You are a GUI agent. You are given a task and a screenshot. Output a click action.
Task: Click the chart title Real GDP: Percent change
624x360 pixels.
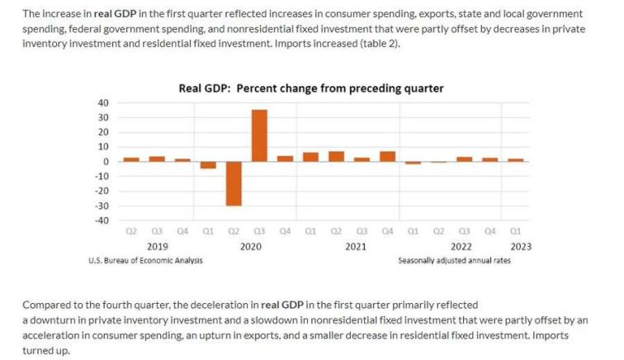pos(311,88)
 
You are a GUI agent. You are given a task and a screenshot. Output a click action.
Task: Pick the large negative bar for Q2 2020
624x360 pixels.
pos(234,183)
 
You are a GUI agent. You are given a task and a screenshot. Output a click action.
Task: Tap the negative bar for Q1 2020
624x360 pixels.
pos(208,165)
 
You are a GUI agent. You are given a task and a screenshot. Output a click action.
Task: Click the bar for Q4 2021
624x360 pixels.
pos(387,157)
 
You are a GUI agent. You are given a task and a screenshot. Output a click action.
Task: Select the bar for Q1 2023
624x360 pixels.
pos(515,160)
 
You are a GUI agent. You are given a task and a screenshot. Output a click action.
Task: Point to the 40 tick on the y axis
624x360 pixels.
pos(102,103)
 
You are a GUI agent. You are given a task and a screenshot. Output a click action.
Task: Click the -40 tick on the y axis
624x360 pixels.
pos(101,220)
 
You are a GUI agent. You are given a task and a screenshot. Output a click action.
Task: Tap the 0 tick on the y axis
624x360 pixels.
pos(106,162)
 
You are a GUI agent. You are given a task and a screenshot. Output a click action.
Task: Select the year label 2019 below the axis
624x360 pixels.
pos(157,246)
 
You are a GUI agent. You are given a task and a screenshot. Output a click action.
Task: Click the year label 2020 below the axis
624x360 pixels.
pos(251,246)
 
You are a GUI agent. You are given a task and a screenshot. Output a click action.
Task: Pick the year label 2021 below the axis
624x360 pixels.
pos(355,246)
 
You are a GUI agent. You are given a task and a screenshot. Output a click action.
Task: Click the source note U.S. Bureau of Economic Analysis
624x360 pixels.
pos(145,260)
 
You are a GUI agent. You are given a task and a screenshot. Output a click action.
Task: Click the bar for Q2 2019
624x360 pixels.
pos(131,159)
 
